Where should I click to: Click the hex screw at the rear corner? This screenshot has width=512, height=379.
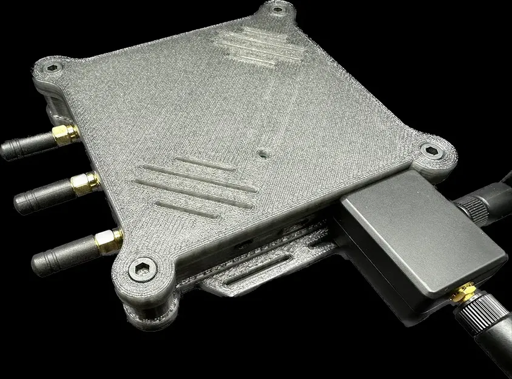278,10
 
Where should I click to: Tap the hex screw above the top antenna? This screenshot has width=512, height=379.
52,69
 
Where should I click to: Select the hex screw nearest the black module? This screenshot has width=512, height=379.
431,152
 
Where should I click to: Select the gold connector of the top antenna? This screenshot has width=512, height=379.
63,133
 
